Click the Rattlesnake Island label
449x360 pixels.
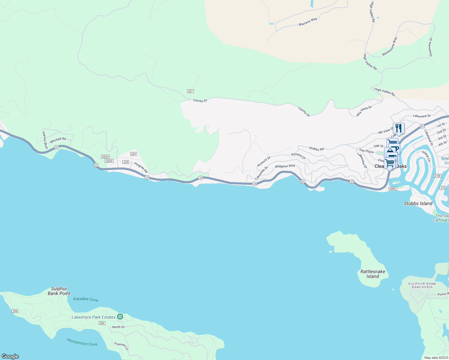[372, 274]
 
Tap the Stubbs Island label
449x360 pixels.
[418, 203]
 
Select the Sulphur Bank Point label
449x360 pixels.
[59, 291]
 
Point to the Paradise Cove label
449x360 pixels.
[86, 299]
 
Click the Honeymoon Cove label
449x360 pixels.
[82, 342]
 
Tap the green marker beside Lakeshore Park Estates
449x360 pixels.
[120, 316]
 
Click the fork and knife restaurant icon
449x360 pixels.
[399, 128]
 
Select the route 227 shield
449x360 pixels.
[190, 91]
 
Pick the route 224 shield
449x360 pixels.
[134, 154]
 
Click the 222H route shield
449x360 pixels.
[105, 157]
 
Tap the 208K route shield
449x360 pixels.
[393, 189]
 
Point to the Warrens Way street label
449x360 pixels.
[308, 22]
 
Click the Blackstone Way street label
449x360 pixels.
[390, 46]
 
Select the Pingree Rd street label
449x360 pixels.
[141, 168]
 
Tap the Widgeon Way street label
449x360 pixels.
[285, 166]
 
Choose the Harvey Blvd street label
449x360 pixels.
[45, 140]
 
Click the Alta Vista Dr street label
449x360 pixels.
[364, 111]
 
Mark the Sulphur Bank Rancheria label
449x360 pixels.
[422, 285]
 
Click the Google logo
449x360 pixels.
[10, 356]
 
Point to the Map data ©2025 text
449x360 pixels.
[436, 358]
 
